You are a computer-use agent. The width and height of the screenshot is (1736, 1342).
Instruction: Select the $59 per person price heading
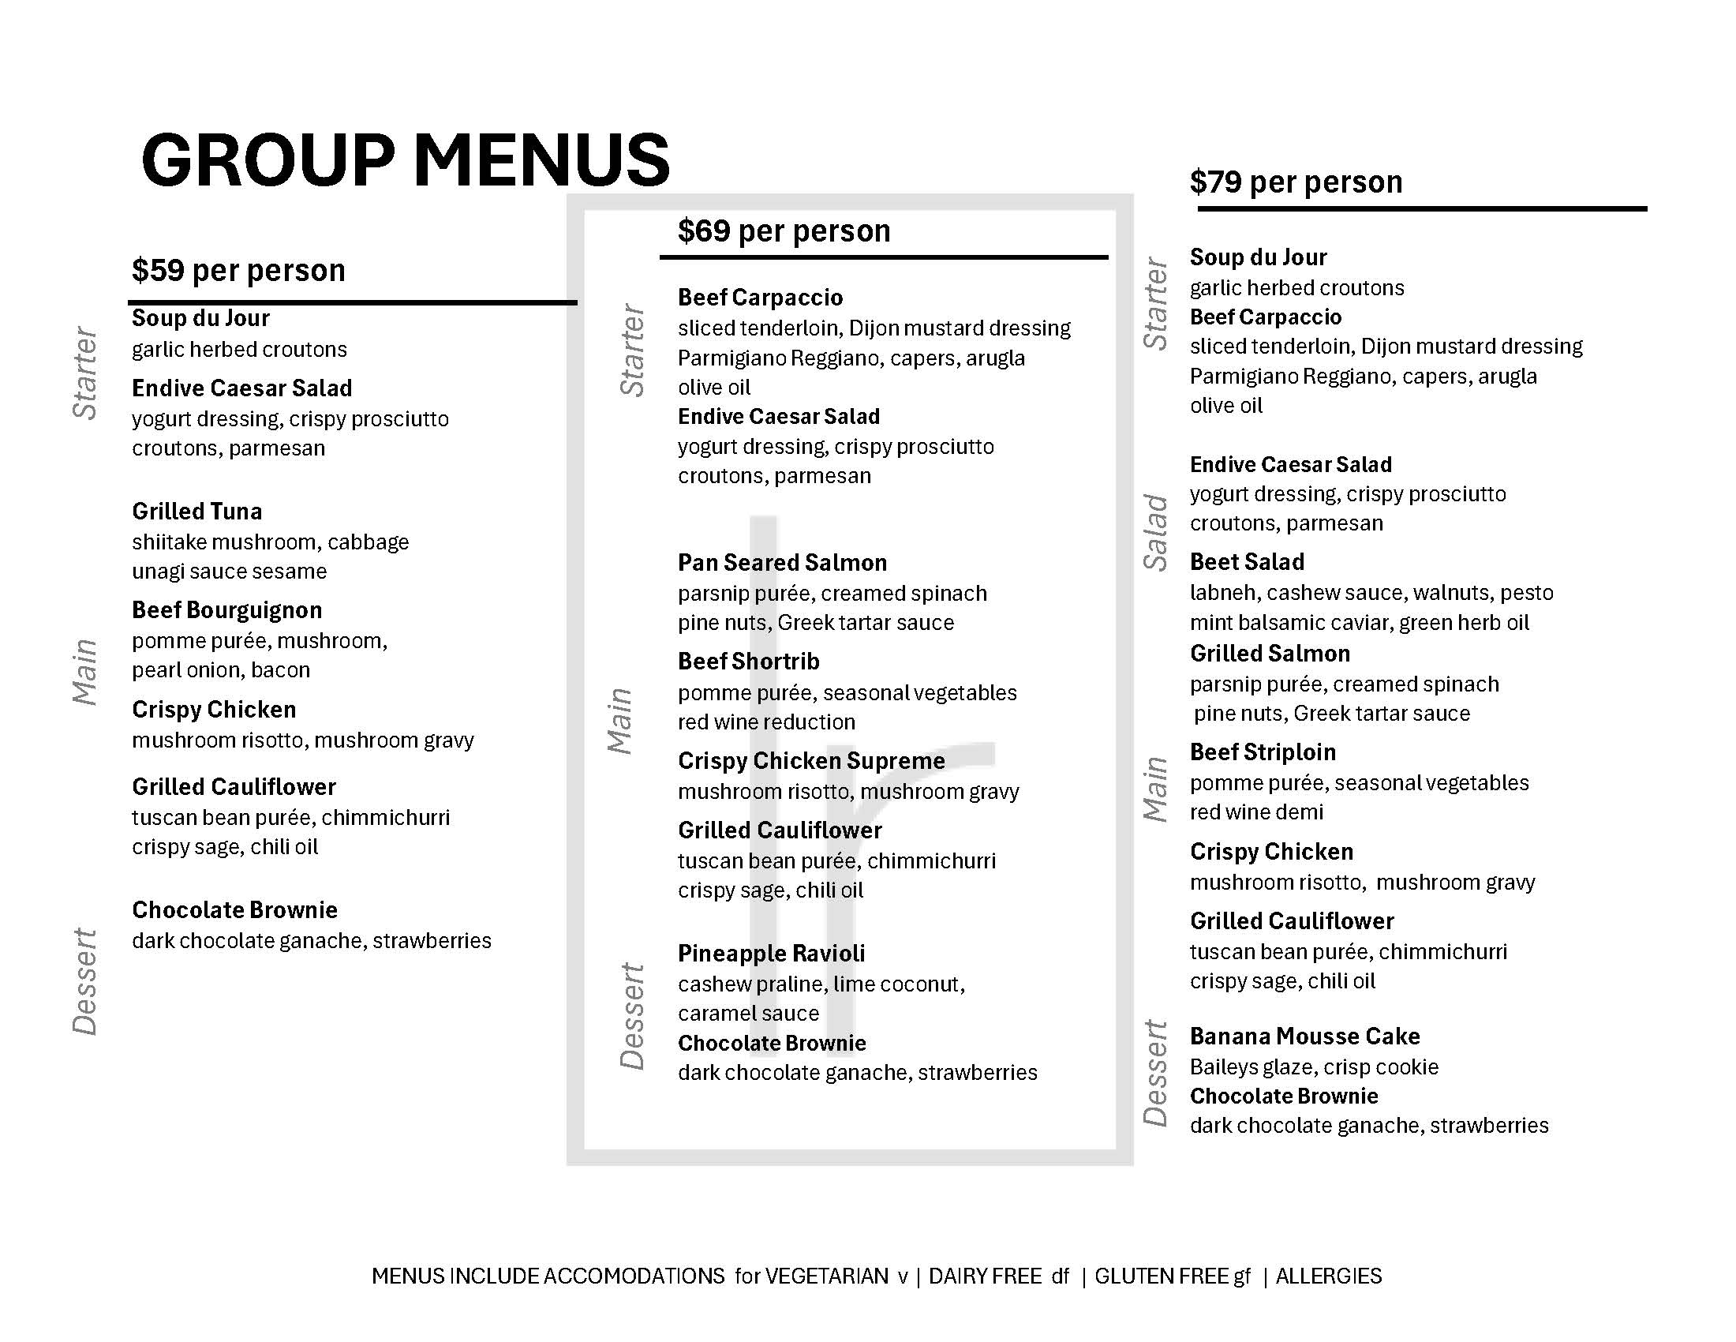[238, 271]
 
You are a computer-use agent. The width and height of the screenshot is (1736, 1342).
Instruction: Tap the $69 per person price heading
[784, 231]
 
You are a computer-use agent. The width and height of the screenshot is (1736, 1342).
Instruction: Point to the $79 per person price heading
[1296, 182]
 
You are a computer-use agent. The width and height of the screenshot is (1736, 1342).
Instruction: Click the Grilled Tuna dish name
[196, 512]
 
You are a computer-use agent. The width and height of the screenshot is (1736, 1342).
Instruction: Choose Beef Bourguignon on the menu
[226, 610]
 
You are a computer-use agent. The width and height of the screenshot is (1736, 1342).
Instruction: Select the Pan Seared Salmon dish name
[782, 563]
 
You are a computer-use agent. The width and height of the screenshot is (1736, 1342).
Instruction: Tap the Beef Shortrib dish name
[748, 662]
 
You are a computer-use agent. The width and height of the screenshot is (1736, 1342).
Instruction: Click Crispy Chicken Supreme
[810, 761]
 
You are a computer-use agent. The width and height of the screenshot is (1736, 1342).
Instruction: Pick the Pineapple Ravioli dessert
[771, 954]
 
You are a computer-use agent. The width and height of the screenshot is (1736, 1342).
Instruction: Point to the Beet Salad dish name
[1246, 562]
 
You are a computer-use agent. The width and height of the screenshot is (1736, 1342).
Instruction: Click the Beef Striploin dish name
[1263, 752]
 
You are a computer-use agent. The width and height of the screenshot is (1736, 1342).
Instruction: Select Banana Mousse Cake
[1304, 1036]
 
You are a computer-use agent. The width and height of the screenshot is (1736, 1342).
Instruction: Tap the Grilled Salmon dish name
[1270, 654]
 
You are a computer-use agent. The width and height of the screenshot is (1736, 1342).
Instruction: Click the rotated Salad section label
[1155, 532]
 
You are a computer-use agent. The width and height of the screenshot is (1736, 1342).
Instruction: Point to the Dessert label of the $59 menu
[85, 982]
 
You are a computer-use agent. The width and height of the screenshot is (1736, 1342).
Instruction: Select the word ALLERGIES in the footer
[1328, 1276]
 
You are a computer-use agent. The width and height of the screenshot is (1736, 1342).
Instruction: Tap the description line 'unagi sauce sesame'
[229, 572]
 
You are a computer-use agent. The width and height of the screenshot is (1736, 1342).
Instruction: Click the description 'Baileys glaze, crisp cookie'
[1314, 1067]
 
